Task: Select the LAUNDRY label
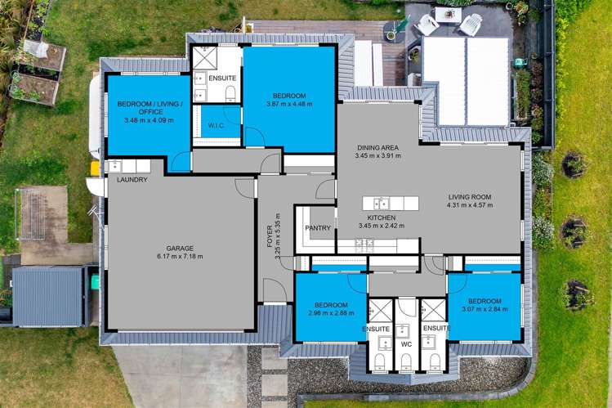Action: click(x=132, y=180)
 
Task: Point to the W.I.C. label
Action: click(x=217, y=126)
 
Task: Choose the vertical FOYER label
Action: click(x=269, y=231)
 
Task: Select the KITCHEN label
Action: click(x=382, y=217)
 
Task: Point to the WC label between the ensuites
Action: click(x=405, y=344)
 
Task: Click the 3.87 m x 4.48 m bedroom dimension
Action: click(x=288, y=103)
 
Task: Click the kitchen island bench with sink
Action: click(x=391, y=203)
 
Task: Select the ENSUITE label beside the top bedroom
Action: click(x=222, y=78)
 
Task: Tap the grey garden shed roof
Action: click(x=47, y=294)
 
